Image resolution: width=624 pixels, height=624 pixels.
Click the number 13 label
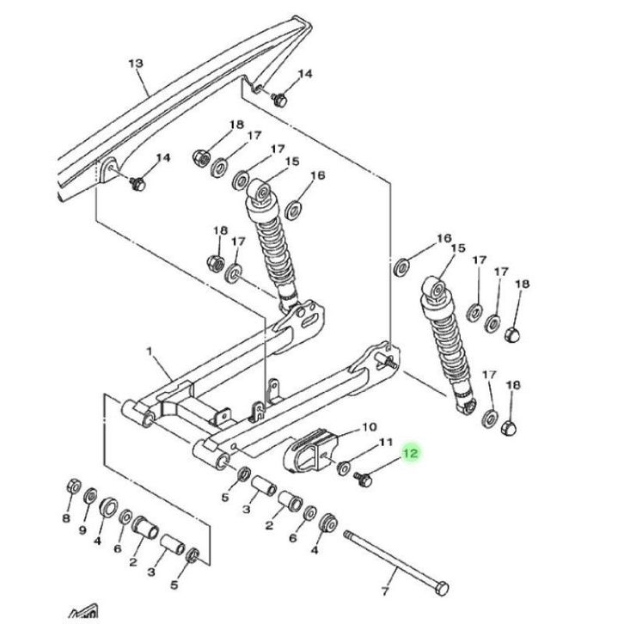[135, 63]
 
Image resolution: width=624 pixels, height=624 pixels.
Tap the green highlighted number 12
[411, 453]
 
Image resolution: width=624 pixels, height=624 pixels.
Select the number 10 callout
[370, 427]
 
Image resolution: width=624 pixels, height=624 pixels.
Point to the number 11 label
[385, 442]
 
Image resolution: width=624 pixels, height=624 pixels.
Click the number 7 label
[384, 591]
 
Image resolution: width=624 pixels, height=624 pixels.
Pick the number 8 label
[66, 517]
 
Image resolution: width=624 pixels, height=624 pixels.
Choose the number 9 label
[83, 530]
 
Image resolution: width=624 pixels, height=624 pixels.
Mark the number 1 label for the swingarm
[150, 352]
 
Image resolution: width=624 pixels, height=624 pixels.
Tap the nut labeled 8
[73, 486]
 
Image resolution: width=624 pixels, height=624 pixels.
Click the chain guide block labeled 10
[310, 450]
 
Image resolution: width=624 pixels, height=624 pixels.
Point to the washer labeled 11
[344, 468]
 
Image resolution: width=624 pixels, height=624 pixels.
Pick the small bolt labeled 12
[363, 479]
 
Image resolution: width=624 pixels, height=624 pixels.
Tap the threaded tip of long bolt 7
[347, 534]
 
